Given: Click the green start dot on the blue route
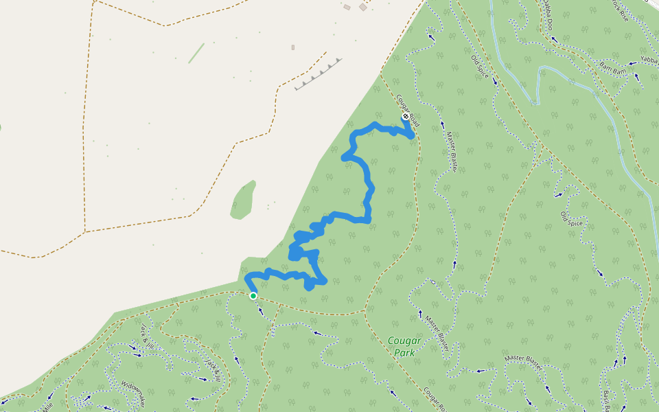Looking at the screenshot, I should (253, 295).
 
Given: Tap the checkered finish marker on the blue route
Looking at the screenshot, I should (406, 117).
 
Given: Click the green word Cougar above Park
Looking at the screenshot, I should (404, 341).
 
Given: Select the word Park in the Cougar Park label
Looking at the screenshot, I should (405, 353).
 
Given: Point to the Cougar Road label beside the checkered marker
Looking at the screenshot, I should (408, 110).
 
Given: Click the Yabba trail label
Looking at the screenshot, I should (649, 60).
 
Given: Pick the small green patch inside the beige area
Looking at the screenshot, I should (243, 201).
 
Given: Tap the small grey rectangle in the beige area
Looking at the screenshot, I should (293, 47).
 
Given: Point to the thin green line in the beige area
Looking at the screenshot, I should (196, 53).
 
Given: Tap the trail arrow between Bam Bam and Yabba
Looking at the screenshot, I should (631, 63).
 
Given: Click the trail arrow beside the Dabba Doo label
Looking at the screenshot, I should (555, 39).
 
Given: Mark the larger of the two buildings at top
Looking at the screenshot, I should (362, 7).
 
